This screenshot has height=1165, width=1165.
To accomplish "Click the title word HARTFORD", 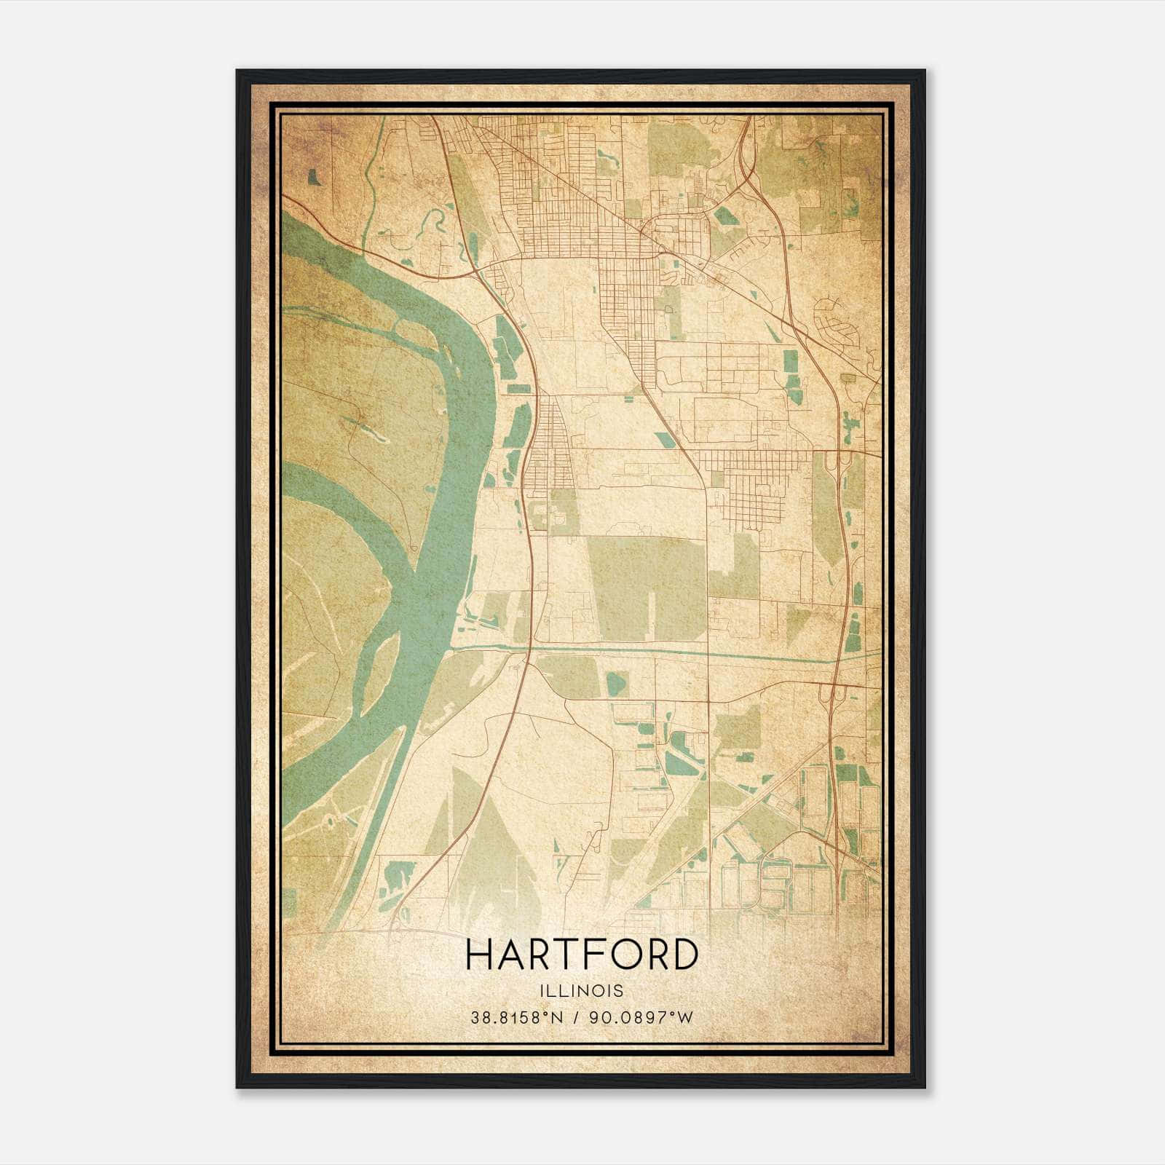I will tap(582, 955).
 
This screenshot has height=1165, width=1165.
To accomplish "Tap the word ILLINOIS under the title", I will tap(582, 991).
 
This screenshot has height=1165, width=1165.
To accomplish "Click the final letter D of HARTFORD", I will tap(684, 955).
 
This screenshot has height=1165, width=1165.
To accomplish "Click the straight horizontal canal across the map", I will tap(655, 651).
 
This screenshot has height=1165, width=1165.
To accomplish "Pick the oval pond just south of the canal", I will tap(616, 684).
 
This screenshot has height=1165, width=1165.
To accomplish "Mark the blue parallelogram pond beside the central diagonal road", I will tap(665, 439).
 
